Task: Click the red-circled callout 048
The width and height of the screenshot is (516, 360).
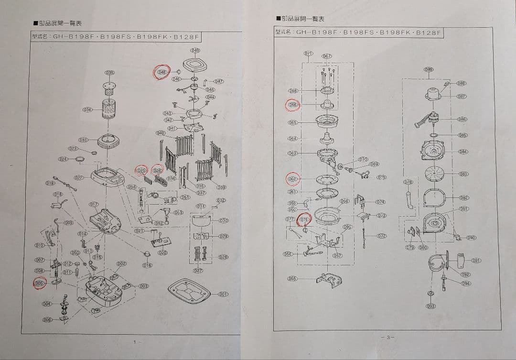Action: (162, 72)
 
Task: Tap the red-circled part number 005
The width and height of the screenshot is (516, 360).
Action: (40, 284)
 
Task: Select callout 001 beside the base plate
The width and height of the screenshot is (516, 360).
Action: (223, 294)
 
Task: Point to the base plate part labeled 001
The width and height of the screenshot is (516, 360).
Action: (188, 290)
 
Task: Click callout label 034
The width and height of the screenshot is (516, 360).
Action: (87, 109)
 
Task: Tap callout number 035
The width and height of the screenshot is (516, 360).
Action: (109, 73)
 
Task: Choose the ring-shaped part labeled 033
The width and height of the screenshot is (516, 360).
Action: (107, 142)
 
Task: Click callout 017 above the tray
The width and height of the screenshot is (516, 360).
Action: (94, 204)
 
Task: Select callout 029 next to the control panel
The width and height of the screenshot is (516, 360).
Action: (223, 236)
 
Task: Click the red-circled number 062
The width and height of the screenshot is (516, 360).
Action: (292, 179)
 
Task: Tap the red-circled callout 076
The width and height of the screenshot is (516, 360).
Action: (304, 219)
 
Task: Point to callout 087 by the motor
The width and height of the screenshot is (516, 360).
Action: (461, 97)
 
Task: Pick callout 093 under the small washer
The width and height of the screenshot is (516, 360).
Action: (430, 306)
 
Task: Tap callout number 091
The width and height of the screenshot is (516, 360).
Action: (476, 261)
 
